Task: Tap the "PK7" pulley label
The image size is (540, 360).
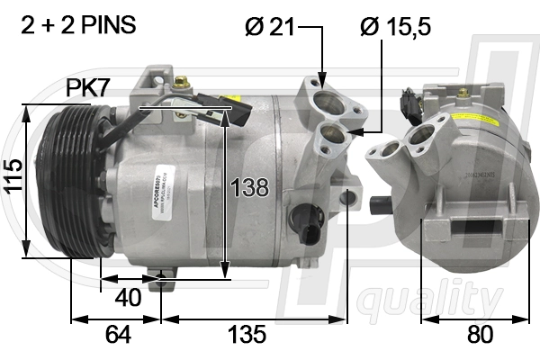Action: coord(87,87)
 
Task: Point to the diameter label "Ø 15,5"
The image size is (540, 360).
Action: coord(396,27)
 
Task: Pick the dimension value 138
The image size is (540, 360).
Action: coord(248,187)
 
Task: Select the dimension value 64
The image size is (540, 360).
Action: coord(117,335)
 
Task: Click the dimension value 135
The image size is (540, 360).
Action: coord(246,335)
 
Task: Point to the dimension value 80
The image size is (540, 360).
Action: coord(480,335)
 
